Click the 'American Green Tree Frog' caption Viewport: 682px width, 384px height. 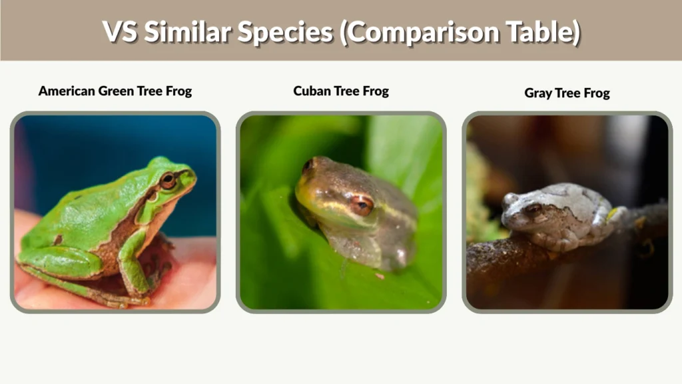pos(115,91)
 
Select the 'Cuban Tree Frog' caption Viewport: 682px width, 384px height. pos(341,91)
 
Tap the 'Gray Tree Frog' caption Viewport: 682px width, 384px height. pos(567,93)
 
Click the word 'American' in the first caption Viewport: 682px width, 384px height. pos(67,91)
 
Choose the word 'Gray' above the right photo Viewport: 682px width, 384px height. pos(537,93)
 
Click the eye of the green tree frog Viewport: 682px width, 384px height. pos(168,180)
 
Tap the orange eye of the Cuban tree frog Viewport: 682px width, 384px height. pos(362,204)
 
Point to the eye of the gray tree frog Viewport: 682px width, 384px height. pos(533,211)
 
